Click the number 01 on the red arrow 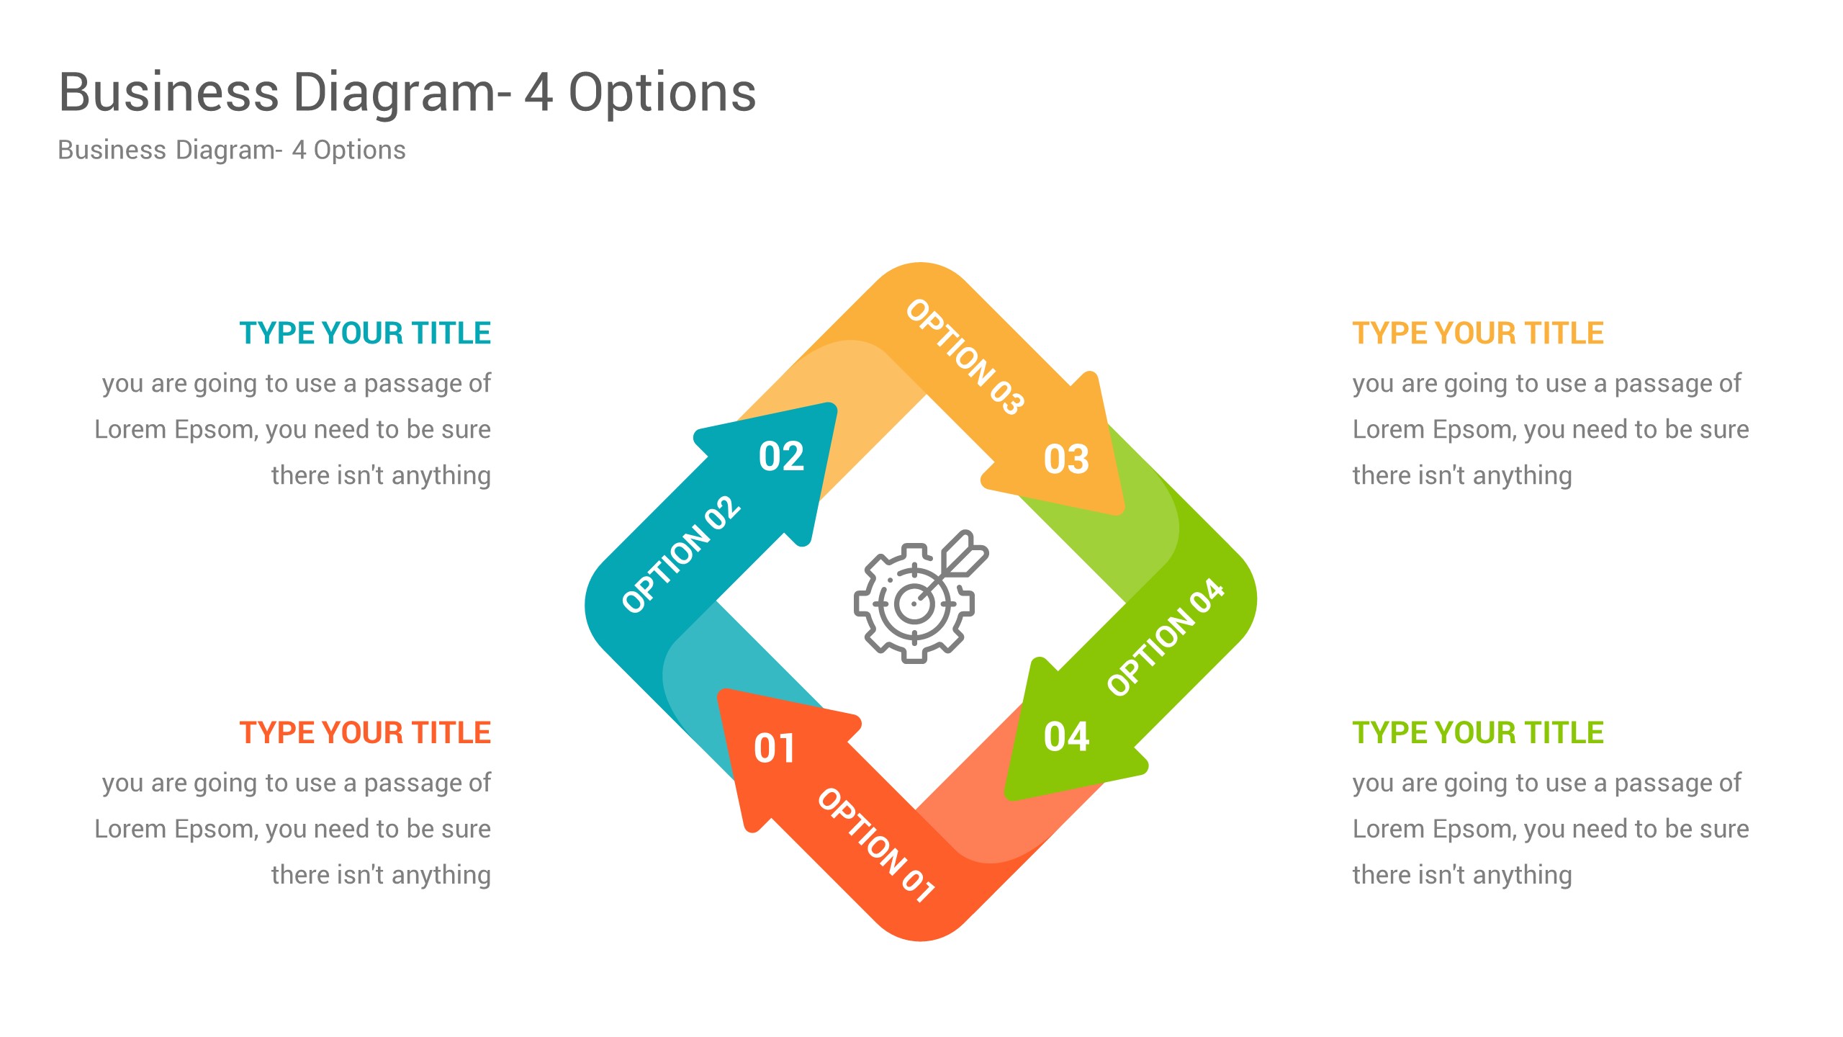tap(774, 748)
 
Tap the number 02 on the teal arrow tap(781, 457)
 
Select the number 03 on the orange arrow tap(1066, 459)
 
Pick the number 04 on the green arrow tap(1066, 737)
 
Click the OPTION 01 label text tap(876, 845)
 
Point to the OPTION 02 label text tap(681, 555)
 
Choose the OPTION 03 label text tap(965, 357)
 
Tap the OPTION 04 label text tap(1165, 637)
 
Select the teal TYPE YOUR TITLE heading tap(365, 333)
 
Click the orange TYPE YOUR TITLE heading tap(1477, 333)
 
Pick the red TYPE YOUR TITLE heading tap(365, 733)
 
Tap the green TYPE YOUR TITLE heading tap(1477, 733)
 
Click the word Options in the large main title tap(662, 94)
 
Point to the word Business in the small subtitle tap(112, 150)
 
